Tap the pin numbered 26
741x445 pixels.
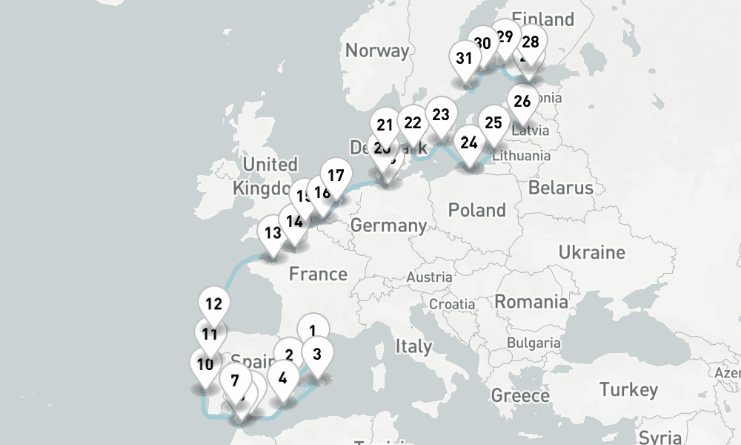522,102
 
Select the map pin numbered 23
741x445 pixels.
441,116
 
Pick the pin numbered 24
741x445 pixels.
468,143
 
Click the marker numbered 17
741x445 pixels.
336,177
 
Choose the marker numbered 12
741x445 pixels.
213,304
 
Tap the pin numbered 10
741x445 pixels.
205,365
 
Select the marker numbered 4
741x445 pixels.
282,378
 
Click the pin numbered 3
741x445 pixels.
317,355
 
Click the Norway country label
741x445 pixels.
377,50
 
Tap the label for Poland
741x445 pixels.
476,211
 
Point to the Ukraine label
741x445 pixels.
592,252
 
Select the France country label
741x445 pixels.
318,274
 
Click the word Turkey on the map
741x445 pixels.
628,389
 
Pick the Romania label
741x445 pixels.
531,302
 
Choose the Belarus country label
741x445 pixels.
561,188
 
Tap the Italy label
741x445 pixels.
413,346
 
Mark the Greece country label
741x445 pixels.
520,395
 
